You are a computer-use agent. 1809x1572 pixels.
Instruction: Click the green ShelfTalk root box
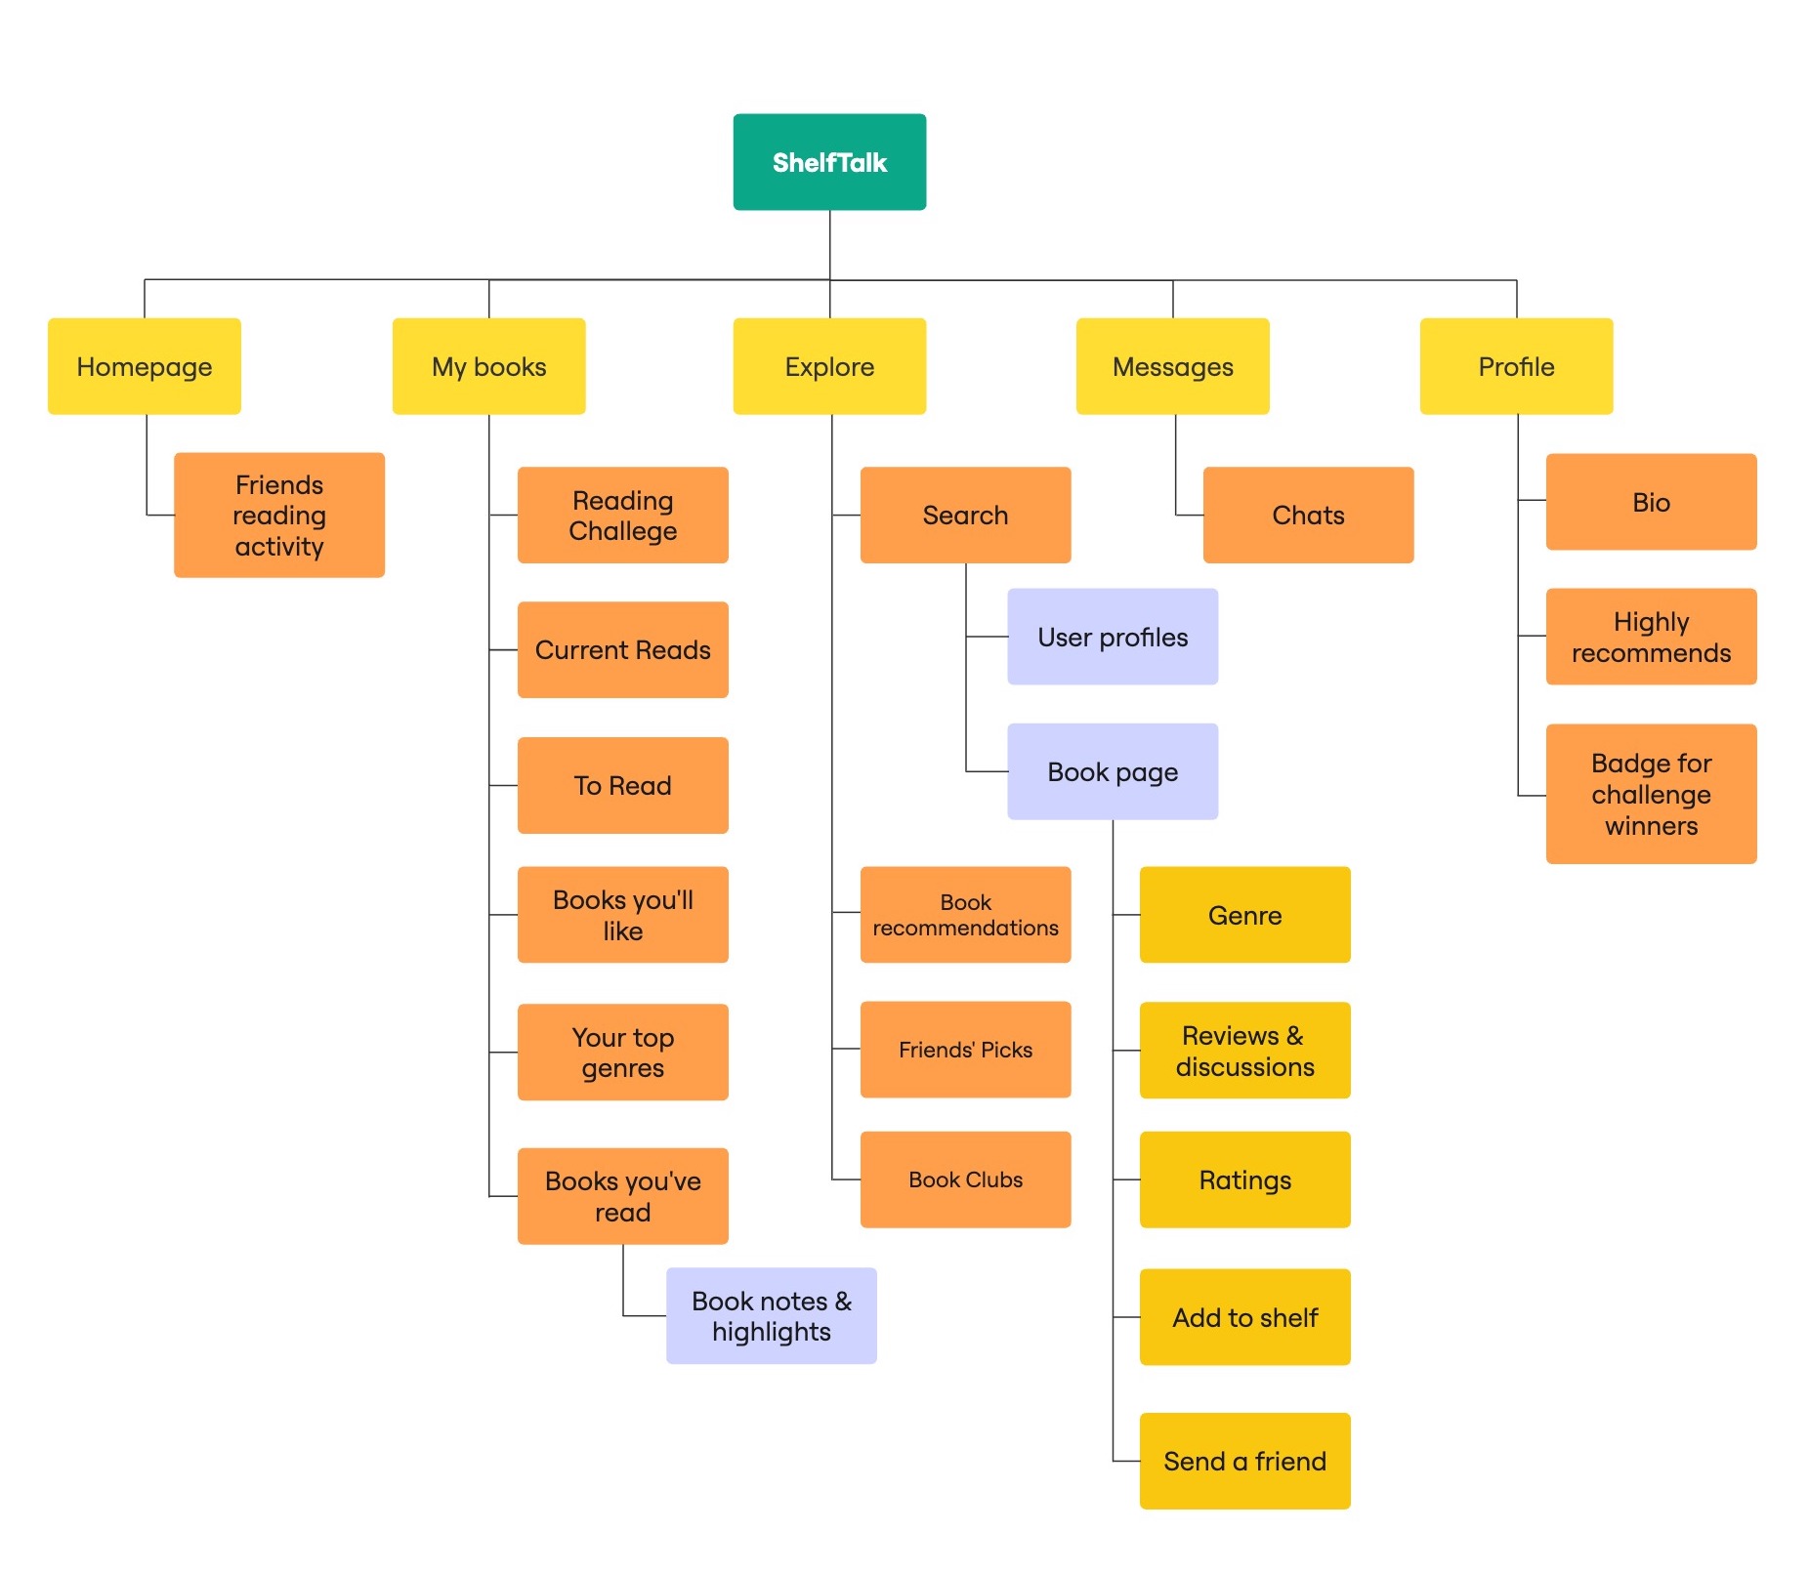click(829, 162)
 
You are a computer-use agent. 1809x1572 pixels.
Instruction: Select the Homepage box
click(145, 366)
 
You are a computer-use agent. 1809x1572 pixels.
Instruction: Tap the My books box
click(488, 366)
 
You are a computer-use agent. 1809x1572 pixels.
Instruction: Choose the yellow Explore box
click(829, 366)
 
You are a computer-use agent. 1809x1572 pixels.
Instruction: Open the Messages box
click(1172, 366)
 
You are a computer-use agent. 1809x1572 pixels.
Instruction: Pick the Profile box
click(1516, 366)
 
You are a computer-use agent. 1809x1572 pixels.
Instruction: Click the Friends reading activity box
click(279, 515)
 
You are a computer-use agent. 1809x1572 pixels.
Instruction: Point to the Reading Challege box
click(622, 515)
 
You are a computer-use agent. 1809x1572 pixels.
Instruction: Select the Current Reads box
click(622, 649)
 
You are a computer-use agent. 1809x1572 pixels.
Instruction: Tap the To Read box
click(622, 785)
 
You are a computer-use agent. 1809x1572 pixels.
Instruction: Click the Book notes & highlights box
click(771, 1315)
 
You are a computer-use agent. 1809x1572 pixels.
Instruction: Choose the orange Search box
click(965, 515)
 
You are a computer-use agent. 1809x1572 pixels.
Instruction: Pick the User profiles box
click(1113, 637)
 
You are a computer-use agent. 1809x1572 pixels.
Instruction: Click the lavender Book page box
click(1113, 771)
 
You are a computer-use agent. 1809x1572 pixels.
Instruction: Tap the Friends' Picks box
click(965, 1050)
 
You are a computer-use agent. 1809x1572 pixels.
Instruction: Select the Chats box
click(1308, 515)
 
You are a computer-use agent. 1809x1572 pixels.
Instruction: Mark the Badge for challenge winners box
click(1651, 794)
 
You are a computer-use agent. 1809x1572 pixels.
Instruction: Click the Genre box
click(1244, 915)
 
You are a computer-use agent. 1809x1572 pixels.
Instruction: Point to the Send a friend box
click(1244, 1461)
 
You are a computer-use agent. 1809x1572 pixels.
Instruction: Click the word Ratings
click(1244, 1179)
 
